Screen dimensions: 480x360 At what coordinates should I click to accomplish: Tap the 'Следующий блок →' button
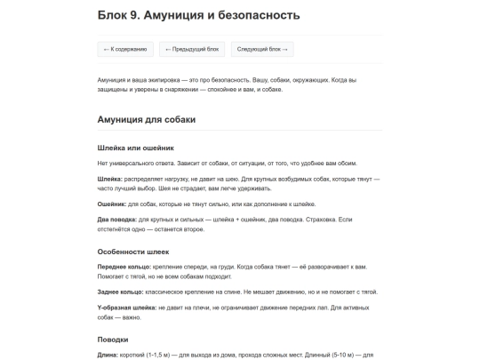[x=261, y=50]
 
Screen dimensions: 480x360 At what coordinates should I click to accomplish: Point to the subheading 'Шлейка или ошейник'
[x=135, y=148]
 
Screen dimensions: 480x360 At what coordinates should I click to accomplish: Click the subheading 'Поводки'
[x=112, y=339]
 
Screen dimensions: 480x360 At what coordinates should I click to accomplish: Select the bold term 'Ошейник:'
[x=113, y=204]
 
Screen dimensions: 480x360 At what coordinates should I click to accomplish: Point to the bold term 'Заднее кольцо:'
[x=119, y=291]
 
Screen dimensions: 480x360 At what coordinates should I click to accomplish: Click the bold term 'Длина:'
[x=108, y=355]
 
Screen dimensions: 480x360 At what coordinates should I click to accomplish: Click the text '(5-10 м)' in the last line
[x=344, y=355]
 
